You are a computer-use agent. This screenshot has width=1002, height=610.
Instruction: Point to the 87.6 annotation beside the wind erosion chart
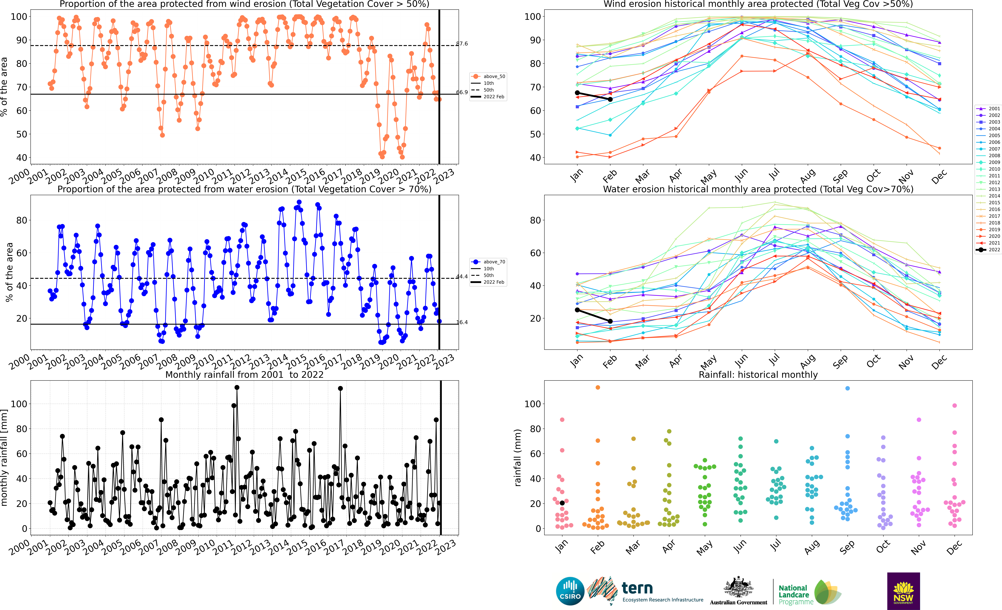[462, 44]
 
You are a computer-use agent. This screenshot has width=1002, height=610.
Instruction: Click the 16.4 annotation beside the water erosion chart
[462, 322]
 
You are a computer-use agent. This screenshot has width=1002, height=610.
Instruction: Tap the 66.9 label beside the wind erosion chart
[462, 92]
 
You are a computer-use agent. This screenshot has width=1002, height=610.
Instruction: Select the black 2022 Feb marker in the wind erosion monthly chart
[610, 99]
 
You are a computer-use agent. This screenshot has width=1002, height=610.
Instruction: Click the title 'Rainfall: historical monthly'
[758, 375]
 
